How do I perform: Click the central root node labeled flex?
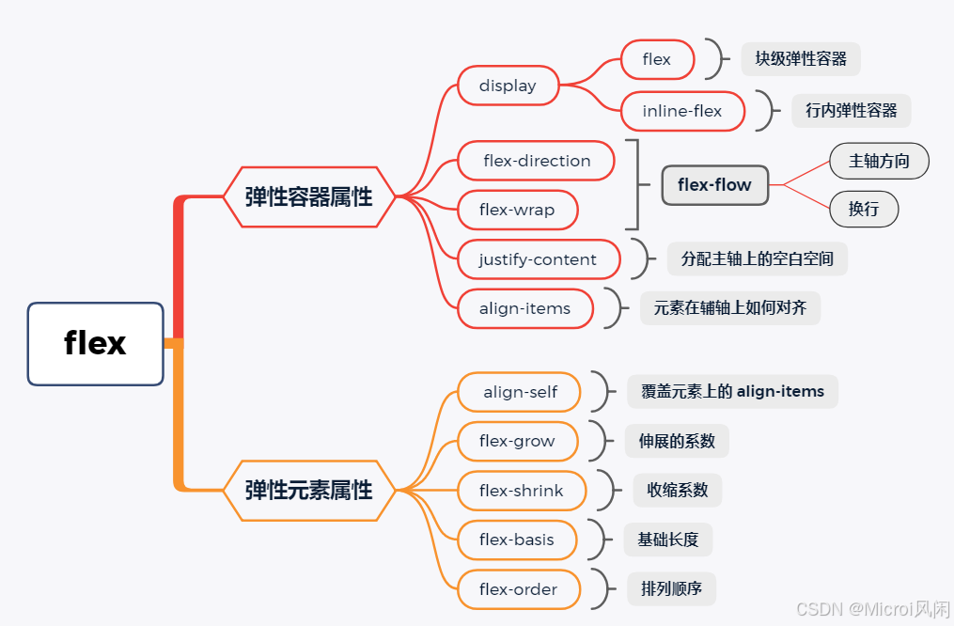click(x=95, y=344)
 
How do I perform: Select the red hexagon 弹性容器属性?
click(x=308, y=196)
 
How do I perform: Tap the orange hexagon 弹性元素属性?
click(x=308, y=491)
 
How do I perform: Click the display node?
click(x=508, y=86)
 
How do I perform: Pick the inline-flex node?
click(x=682, y=111)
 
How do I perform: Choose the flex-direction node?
click(x=537, y=161)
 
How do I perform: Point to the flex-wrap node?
click(x=517, y=210)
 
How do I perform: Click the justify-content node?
click(x=538, y=259)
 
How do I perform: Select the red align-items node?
click(x=524, y=308)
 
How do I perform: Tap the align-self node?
click(x=520, y=392)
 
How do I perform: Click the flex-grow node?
click(x=517, y=441)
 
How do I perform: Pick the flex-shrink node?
click(x=522, y=491)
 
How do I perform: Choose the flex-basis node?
click(x=517, y=540)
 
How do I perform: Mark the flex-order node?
click(x=518, y=589)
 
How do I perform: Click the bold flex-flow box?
click(x=714, y=185)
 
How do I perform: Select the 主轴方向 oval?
click(x=879, y=161)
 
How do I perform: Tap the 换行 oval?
click(x=864, y=209)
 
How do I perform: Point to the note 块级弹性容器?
click(x=801, y=59)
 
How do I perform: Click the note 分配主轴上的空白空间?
click(x=758, y=258)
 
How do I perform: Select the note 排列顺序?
click(x=671, y=589)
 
